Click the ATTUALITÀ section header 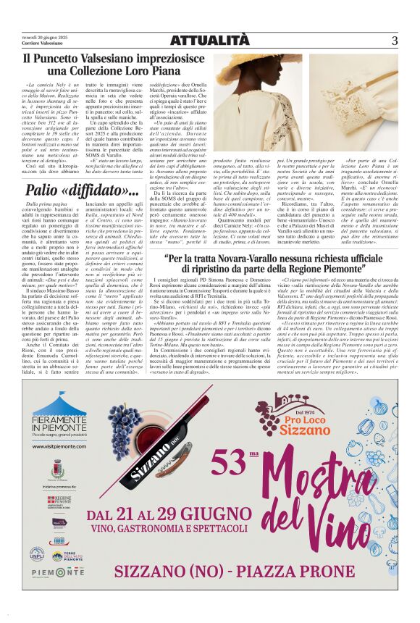209,41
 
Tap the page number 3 395,41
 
